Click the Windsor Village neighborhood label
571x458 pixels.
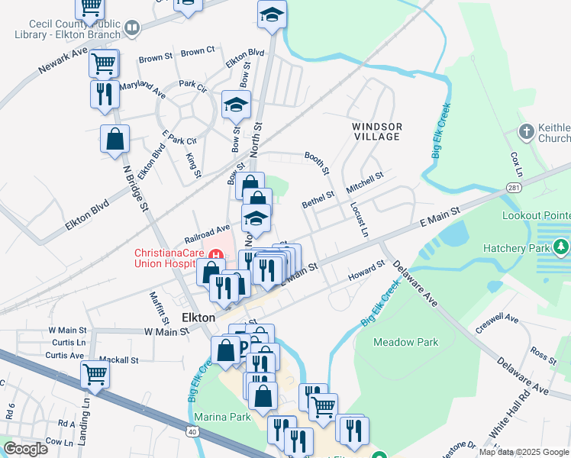pos(376,131)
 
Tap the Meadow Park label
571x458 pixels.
pos(406,342)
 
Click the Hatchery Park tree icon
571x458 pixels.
pos(562,247)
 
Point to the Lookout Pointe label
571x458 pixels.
pos(536,215)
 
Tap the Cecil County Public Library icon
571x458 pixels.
pos(133,29)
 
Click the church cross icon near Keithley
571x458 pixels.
pos(526,132)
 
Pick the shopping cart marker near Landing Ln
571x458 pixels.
pos(95,374)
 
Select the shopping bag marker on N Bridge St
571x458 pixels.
pos(115,139)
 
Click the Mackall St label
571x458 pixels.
pos(122,360)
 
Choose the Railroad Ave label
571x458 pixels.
pos(207,228)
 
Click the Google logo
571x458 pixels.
pos(25,449)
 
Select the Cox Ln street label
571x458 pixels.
pos(515,160)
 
